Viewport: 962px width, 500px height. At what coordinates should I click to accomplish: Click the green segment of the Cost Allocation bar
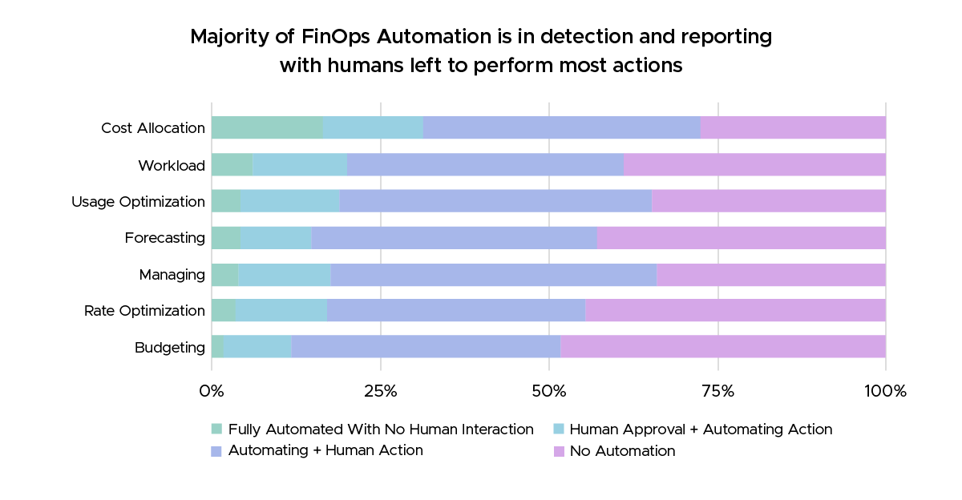[267, 127]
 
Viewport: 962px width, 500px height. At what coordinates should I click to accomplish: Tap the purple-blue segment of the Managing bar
[493, 274]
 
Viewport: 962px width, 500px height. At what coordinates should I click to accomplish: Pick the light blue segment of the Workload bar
[300, 164]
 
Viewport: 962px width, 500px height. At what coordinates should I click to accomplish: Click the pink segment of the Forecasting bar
[742, 237]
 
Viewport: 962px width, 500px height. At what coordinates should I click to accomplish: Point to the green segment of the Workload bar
[232, 164]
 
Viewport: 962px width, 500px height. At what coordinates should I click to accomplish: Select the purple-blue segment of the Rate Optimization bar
[455, 310]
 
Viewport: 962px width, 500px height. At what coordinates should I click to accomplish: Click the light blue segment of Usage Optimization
[289, 201]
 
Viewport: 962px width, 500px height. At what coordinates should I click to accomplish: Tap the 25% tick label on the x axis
[380, 392]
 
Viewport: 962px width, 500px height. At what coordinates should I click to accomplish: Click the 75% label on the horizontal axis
[717, 392]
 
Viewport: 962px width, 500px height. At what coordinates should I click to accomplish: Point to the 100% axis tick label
[885, 392]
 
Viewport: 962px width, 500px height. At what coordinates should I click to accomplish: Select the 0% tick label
[212, 392]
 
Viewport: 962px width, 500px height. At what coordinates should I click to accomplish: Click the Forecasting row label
[164, 238]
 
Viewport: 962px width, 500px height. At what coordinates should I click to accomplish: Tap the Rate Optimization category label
[144, 311]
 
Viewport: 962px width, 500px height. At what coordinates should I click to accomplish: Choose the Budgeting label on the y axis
[169, 348]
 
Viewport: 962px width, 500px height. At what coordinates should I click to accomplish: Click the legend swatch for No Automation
[559, 451]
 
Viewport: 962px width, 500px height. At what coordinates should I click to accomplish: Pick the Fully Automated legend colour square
[216, 429]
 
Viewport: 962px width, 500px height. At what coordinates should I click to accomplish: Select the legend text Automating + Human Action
[325, 450]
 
